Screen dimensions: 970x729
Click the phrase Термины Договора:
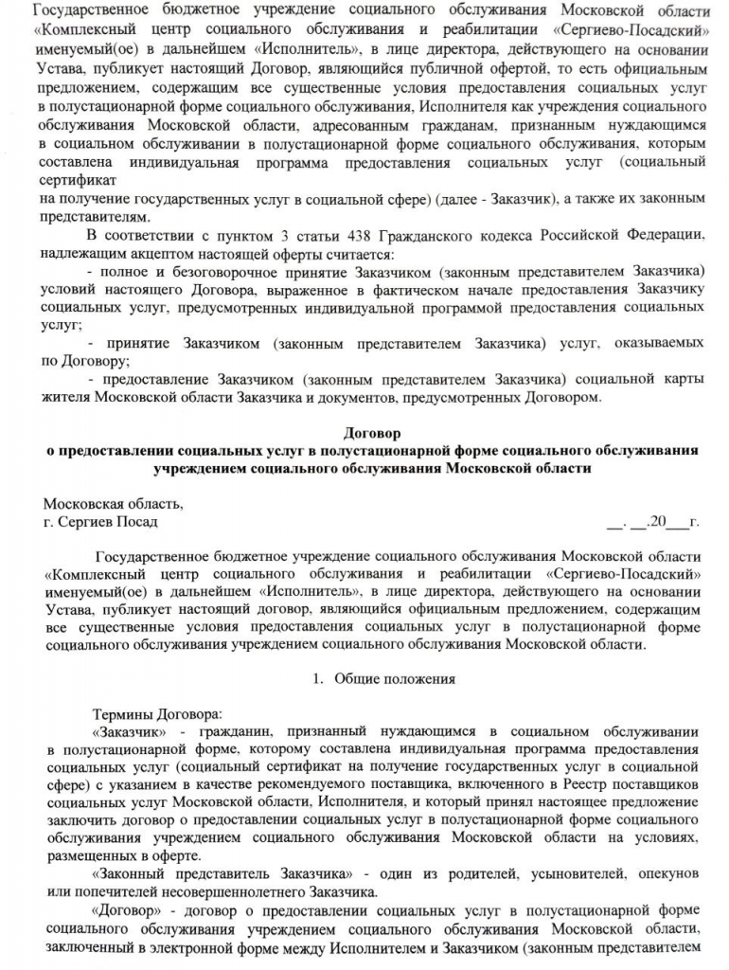pos(156,713)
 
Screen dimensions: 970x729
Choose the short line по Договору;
pos(80,361)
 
